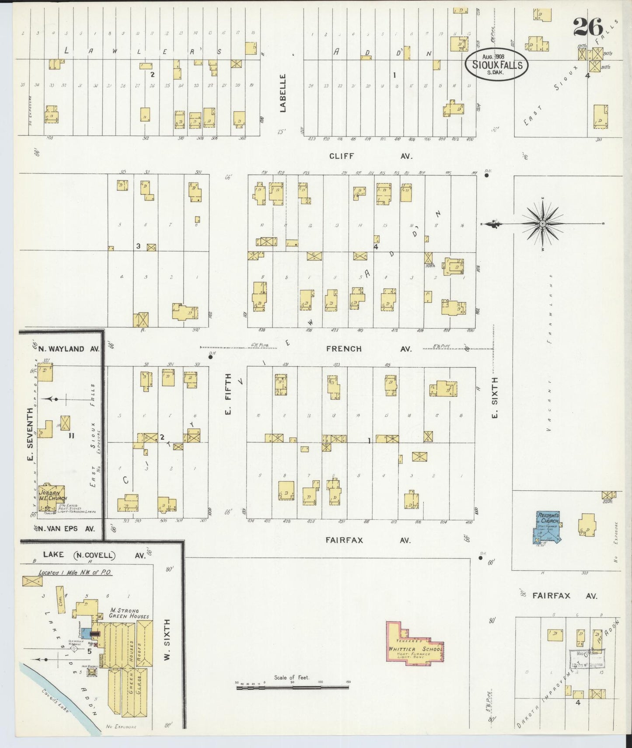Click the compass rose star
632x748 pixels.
[x=542, y=224]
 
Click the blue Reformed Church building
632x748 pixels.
[x=547, y=527]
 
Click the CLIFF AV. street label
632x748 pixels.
[x=370, y=156]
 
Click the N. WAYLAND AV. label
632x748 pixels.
[x=68, y=349]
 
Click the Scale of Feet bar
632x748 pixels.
[x=292, y=688]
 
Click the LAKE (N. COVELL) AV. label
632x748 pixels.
[x=94, y=555]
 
